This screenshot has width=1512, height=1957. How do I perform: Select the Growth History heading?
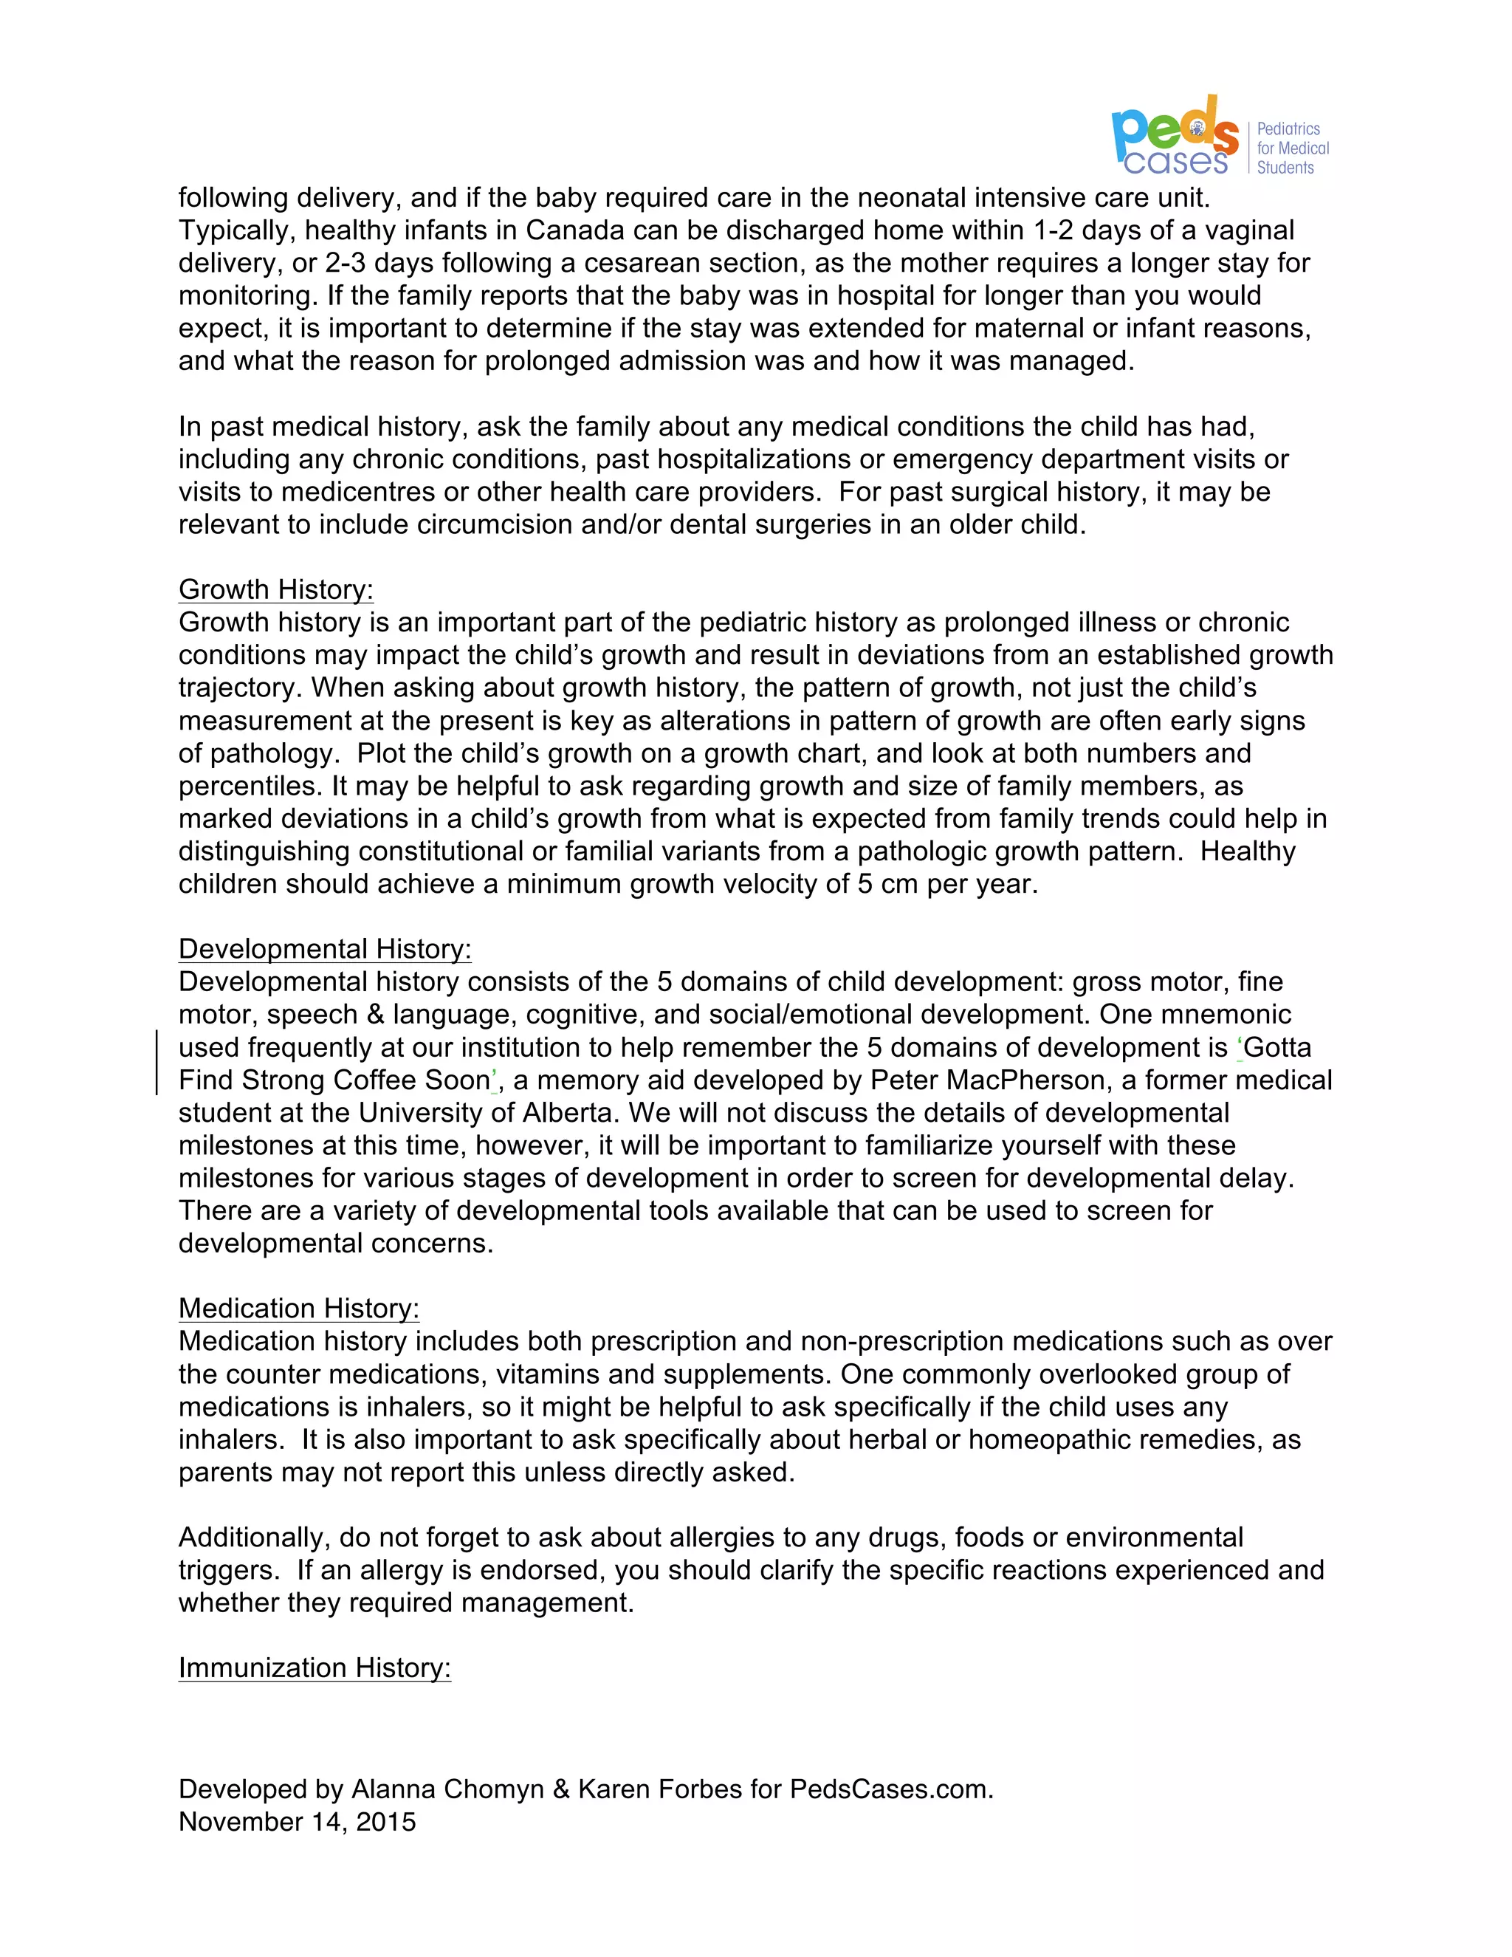276,589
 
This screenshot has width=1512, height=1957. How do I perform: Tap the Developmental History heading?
324,949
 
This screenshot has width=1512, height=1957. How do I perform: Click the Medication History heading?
298,1309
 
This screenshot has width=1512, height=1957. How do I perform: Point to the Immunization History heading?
315,1668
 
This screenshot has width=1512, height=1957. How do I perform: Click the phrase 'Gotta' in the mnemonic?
1276,1047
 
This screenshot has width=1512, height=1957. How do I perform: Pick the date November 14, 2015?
298,1822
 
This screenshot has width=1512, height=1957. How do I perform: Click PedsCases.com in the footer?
890,1789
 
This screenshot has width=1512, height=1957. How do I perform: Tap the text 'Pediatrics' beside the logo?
1288,129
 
